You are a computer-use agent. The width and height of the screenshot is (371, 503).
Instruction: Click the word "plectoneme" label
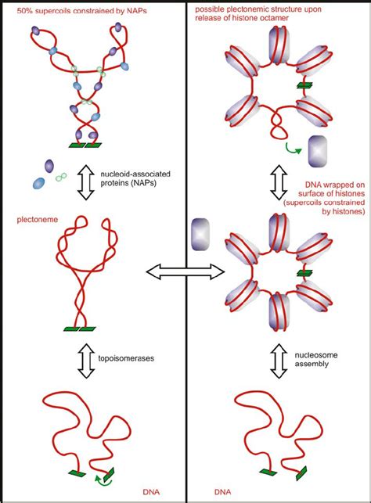click(38, 220)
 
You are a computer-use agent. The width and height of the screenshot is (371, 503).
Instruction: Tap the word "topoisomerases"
click(126, 358)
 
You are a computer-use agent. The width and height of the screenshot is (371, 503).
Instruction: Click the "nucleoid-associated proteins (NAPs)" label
click(135, 178)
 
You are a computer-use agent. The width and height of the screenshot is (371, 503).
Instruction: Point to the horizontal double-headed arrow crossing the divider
click(185, 271)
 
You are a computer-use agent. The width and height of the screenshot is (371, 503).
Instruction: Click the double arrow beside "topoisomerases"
click(86, 361)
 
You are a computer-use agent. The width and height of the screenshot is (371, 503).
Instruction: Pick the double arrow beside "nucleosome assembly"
click(279, 361)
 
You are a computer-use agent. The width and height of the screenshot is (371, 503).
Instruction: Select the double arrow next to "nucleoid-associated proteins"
click(86, 183)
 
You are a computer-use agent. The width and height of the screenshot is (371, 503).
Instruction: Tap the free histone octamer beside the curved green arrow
click(318, 152)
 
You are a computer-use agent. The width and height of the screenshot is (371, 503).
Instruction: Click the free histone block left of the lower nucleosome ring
click(200, 234)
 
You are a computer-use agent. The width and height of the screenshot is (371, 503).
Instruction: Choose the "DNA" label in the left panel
click(151, 492)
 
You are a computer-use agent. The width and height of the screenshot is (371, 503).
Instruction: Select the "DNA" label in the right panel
click(222, 492)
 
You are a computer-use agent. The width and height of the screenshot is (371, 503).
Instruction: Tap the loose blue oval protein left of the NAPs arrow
click(39, 183)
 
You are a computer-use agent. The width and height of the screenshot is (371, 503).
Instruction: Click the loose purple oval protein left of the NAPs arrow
click(49, 166)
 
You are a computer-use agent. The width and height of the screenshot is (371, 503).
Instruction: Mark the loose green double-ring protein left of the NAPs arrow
click(61, 177)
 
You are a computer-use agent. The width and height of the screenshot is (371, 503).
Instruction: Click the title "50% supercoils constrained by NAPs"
click(82, 11)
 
